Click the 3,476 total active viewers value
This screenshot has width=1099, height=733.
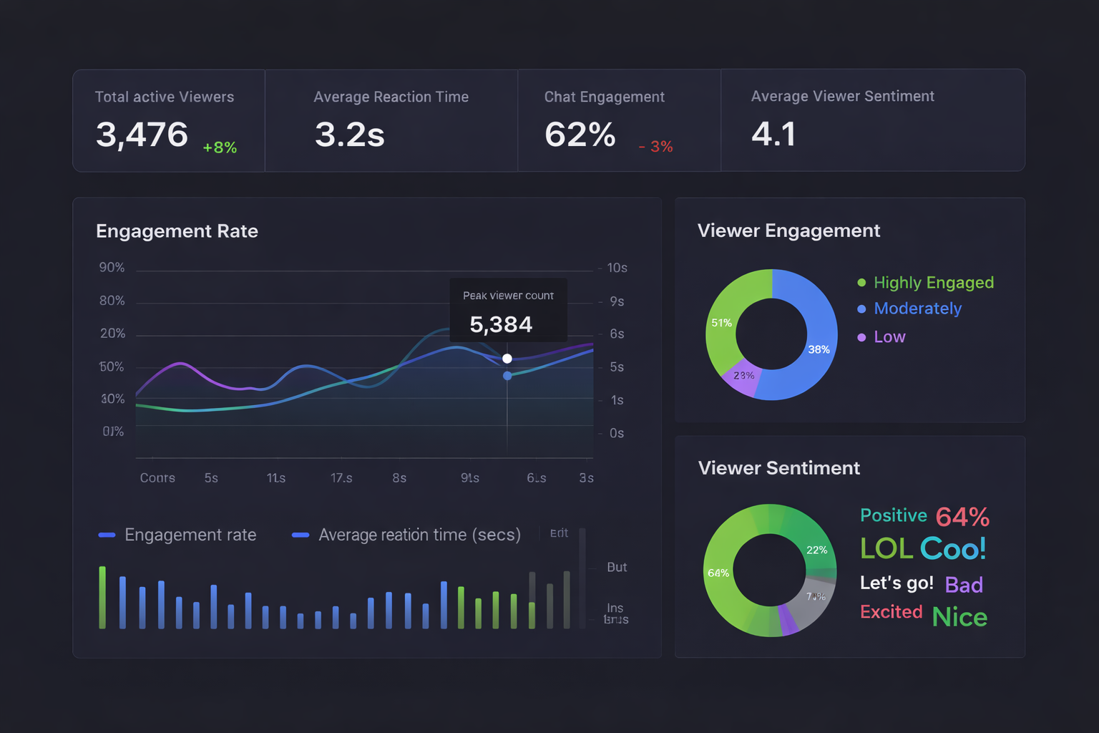point(142,135)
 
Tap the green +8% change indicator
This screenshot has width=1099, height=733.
point(220,147)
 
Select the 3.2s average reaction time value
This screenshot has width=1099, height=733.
point(350,135)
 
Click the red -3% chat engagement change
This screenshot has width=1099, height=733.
point(655,147)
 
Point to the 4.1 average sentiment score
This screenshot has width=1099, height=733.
point(773,134)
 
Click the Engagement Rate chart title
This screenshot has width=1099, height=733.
point(177,231)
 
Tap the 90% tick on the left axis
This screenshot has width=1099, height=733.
point(112,268)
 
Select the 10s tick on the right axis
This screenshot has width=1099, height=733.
point(617,268)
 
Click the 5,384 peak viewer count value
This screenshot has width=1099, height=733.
point(501,325)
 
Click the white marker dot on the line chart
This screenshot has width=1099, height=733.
point(507,359)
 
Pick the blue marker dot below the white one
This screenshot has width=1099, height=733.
point(507,376)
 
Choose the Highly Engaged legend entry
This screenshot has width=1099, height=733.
point(933,283)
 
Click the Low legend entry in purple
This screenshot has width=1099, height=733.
point(889,337)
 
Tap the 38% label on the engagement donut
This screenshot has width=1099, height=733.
point(819,349)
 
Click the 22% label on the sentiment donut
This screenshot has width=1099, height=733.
point(816,550)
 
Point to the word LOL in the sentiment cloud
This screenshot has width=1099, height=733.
point(886,549)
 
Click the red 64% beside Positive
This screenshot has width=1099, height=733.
point(962,517)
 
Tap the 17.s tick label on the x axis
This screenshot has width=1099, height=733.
point(341,478)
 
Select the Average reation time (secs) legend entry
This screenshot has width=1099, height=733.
point(419,535)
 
